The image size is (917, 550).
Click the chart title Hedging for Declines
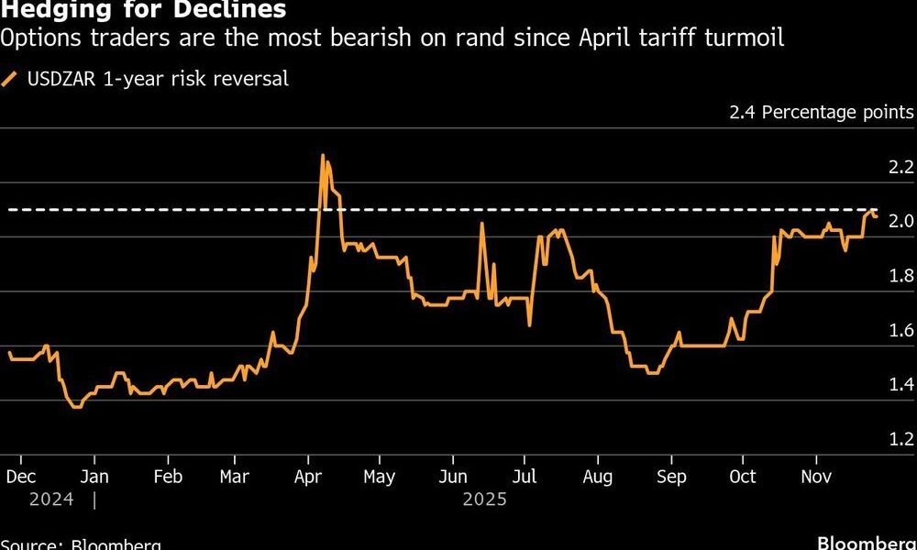pos(143,11)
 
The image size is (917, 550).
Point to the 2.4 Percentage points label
pos(821,113)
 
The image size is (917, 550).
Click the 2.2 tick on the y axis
pos(900,168)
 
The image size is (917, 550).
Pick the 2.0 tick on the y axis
pos(900,222)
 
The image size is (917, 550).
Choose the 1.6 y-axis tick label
pos(900,331)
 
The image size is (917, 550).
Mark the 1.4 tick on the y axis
pos(900,385)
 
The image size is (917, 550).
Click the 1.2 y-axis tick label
pos(900,439)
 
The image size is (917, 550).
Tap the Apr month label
pos(308,477)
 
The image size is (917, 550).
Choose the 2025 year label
pos(484,500)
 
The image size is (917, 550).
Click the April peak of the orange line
pos(323,156)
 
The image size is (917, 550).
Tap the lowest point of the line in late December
pos(75,406)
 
